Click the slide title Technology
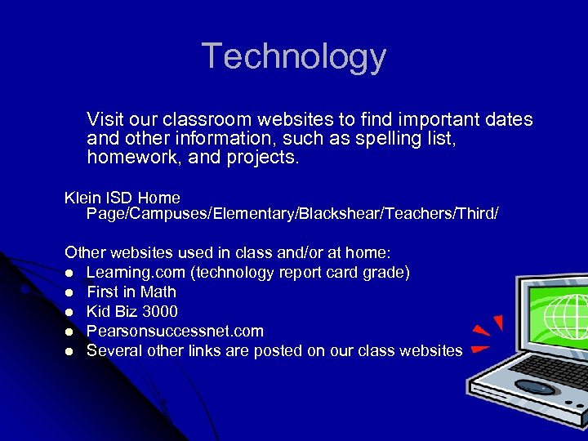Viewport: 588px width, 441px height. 294,56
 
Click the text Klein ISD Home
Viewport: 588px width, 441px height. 122,198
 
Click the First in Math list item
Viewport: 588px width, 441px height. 131,292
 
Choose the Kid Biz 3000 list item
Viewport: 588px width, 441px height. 132,311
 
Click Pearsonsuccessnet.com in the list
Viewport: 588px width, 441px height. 175,331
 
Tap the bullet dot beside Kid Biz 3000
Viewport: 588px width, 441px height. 70,312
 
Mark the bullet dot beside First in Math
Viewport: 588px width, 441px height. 70,292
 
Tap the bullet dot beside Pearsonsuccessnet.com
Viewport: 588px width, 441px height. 70,332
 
